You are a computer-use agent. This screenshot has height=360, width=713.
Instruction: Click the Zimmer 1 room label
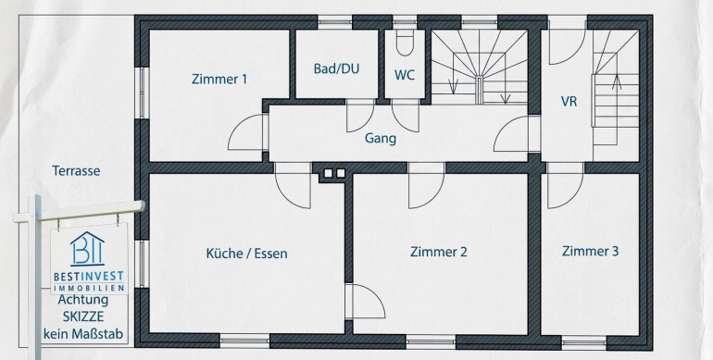[219, 79]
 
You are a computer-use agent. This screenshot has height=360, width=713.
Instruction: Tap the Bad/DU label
[336, 68]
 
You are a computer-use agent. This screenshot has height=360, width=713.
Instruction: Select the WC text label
[405, 75]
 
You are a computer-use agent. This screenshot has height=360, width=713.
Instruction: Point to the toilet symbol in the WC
[405, 43]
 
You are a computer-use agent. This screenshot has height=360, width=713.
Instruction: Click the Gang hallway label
[381, 139]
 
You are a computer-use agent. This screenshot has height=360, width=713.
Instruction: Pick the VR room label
[569, 102]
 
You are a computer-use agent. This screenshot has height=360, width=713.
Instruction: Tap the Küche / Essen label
[246, 254]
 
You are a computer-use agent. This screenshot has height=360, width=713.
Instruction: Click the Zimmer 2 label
[438, 252]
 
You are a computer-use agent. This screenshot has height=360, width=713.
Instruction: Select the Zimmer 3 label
[590, 252]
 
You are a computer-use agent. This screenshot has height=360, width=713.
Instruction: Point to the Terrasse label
[76, 171]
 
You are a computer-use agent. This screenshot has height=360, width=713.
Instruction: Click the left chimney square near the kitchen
[328, 173]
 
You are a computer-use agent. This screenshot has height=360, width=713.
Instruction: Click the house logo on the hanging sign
[87, 249]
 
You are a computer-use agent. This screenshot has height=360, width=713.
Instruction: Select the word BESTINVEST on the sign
[88, 277]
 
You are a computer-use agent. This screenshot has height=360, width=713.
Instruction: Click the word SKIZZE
[83, 317]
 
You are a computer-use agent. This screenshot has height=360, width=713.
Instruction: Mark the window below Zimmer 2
[431, 341]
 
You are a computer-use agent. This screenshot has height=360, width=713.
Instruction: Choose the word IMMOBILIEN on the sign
[89, 288]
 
